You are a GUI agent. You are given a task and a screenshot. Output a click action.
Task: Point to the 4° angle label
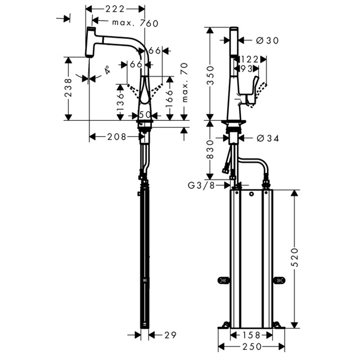coord(107,70)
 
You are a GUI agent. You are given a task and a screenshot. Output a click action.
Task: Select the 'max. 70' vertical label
coord(184,83)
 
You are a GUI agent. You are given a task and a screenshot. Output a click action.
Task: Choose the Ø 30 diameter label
coord(267,40)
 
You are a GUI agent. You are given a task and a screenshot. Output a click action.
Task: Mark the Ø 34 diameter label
coord(267,138)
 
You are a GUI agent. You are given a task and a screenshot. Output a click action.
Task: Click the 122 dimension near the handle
coord(249,60)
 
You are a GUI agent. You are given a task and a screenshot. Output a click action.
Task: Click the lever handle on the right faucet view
coord(253,87)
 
